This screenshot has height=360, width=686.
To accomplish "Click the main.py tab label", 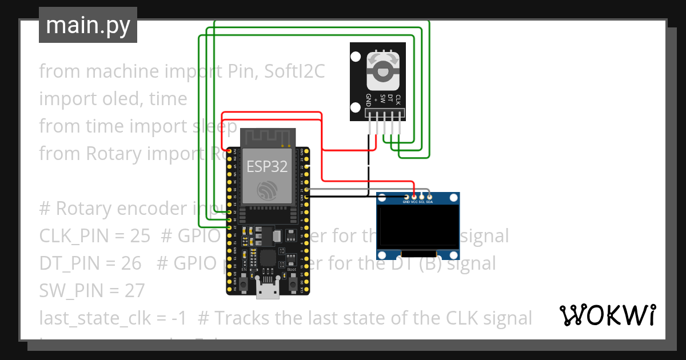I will pyautogui.click(x=88, y=25).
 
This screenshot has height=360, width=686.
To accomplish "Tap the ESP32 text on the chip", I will pyautogui.click(x=267, y=166).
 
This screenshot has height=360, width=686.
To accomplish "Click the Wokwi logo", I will pyautogui.click(x=607, y=315).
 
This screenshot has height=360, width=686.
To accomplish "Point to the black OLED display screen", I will pyautogui.click(x=418, y=225).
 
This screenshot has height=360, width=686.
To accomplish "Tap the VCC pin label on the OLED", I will pyautogui.click(x=414, y=202).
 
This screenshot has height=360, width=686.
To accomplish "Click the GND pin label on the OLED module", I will pyautogui.click(x=406, y=202).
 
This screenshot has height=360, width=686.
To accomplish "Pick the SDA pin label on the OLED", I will pyautogui.click(x=429, y=202).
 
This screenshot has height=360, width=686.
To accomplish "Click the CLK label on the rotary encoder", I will pyautogui.click(x=398, y=99).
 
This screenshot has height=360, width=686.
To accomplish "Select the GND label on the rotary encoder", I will pyautogui.click(x=369, y=100).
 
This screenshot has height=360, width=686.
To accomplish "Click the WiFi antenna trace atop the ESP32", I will pyautogui.click(x=268, y=137).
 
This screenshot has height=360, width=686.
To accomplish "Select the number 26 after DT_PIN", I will pyautogui.click(x=131, y=263).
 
